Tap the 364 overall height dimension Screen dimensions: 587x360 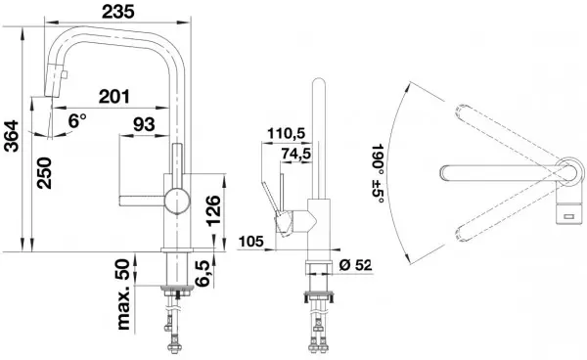[11, 136]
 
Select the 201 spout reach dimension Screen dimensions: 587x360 [114, 97]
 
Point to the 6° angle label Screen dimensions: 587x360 [77, 121]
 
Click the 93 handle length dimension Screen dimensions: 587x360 [144, 124]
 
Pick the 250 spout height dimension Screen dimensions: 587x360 [44, 173]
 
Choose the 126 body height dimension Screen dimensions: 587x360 [213, 210]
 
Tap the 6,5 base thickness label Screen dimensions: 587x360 [203, 274]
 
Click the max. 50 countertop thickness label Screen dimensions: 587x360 [123, 294]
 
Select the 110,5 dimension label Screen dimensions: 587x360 [287, 133]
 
